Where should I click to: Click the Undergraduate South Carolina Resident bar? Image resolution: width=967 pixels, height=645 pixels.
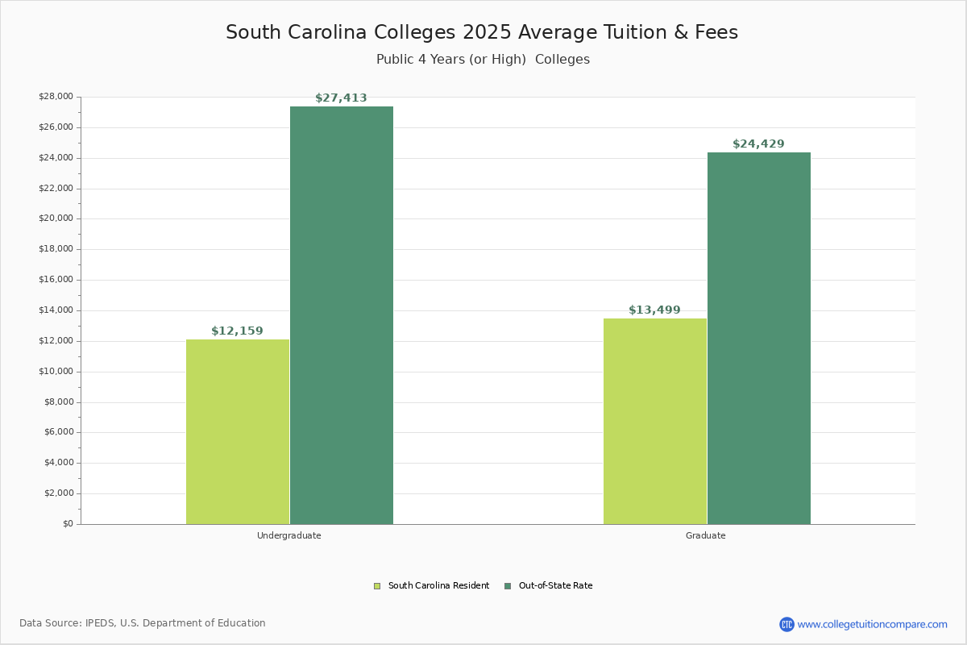pyautogui.click(x=238, y=431)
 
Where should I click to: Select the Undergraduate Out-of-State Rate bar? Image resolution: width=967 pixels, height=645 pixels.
pyautogui.click(x=342, y=315)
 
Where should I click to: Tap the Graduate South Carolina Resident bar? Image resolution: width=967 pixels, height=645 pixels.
pyautogui.click(x=655, y=421)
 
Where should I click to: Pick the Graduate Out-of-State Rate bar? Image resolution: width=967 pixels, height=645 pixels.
pyautogui.click(x=759, y=338)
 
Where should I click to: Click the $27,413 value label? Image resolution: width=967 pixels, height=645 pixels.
pyautogui.click(x=341, y=98)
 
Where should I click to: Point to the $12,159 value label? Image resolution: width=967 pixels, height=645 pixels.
pyautogui.click(x=237, y=331)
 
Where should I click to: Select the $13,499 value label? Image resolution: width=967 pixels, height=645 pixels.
pyautogui.click(x=654, y=310)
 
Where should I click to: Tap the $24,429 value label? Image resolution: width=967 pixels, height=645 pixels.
pyautogui.click(x=758, y=144)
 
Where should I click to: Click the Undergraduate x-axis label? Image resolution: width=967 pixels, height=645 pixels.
pyautogui.click(x=289, y=535)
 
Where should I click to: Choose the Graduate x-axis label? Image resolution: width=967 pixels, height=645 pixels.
pyautogui.click(x=706, y=535)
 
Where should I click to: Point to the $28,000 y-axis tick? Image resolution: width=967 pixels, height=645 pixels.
pyautogui.click(x=56, y=97)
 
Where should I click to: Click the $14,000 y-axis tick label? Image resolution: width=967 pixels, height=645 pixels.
pyautogui.click(x=56, y=310)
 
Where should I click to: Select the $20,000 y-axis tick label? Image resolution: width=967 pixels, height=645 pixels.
pyautogui.click(x=56, y=218)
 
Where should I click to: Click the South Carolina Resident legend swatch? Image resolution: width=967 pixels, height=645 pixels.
pyautogui.click(x=377, y=586)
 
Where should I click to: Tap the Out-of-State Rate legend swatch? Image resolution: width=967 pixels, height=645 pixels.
pyautogui.click(x=508, y=586)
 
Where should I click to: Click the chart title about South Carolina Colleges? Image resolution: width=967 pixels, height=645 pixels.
pyautogui.click(x=482, y=32)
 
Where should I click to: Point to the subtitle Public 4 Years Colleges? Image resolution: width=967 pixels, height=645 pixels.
pyautogui.click(x=483, y=60)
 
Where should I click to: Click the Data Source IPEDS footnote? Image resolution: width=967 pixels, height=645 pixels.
pyautogui.click(x=143, y=623)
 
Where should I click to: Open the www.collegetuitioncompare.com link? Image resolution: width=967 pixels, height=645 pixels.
pyautogui.click(x=872, y=624)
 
